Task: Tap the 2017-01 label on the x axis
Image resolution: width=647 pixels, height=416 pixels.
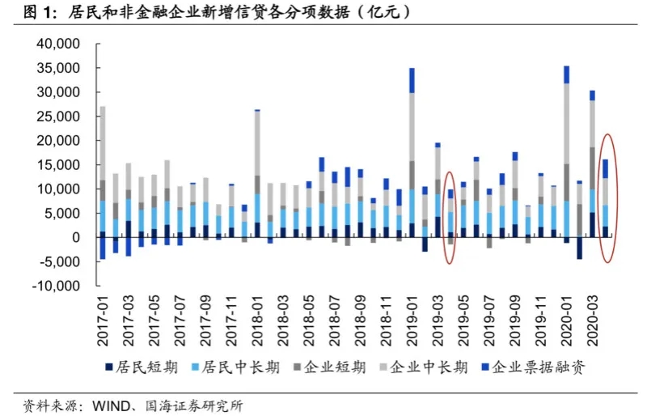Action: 102,320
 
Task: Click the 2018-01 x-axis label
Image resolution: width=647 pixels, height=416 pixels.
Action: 257,320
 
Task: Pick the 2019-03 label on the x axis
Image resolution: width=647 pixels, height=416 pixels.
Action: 438,320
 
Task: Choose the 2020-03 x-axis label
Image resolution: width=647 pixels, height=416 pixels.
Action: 593,320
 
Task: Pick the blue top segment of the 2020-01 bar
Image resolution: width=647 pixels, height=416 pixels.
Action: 567,74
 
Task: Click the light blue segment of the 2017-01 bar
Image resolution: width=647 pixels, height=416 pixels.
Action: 103,215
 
